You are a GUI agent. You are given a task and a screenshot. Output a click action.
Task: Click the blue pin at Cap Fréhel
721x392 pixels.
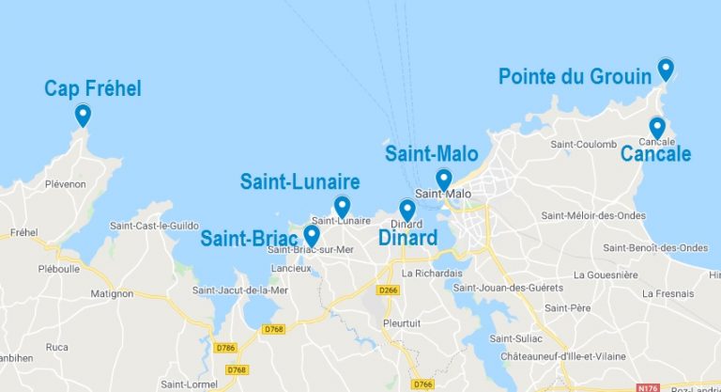click(83, 115)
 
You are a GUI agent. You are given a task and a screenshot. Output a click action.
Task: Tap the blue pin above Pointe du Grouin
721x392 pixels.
click(666, 68)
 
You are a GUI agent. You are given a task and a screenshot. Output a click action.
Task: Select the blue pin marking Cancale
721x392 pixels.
click(657, 127)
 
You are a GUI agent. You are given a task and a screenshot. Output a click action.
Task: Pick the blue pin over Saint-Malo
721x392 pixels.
click(444, 179)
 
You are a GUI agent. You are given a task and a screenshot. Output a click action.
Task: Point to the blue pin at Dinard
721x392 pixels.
click(407, 210)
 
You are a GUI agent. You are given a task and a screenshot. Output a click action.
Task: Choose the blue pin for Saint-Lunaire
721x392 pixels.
click(342, 206)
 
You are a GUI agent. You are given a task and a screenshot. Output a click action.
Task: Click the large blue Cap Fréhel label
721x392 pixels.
click(93, 89)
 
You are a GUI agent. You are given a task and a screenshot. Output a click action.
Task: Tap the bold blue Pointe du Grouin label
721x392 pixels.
click(575, 76)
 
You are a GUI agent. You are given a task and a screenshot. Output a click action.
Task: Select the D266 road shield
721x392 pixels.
click(387, 290)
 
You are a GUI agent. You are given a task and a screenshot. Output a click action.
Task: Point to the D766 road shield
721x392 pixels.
click(424, 383)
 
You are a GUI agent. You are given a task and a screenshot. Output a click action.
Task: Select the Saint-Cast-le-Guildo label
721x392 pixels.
click(155, 226)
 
